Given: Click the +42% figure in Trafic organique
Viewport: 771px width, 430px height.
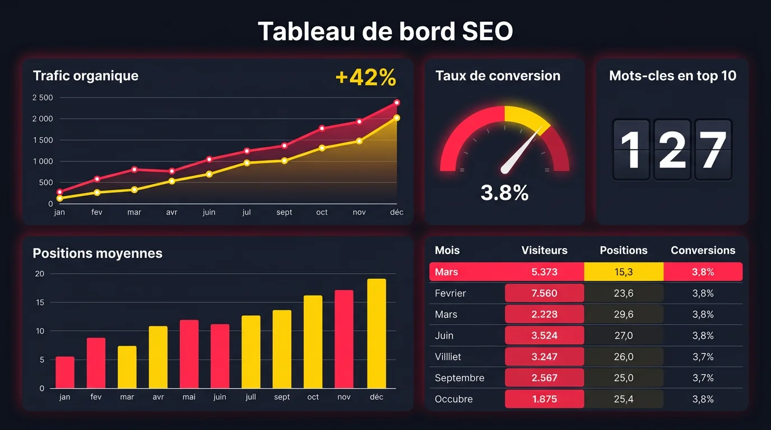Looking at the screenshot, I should [x=365, y=78].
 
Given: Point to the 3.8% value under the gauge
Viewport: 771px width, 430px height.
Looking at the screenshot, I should [x=504, y=193].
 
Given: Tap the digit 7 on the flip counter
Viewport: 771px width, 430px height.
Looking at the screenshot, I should [x=713, y=150].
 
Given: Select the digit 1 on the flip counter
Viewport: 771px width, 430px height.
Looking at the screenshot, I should [x=631, y=150].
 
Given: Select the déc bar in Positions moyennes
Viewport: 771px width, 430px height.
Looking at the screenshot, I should [x=377, y=333].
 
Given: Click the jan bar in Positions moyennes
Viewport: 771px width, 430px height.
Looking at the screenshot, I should [x=65, y=372].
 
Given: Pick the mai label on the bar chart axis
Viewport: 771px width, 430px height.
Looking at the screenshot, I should [x=189, y=397].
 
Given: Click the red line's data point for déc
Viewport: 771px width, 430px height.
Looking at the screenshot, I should [x=397, y=102].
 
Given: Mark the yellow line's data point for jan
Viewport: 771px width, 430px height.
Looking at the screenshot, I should [x=60, y=198].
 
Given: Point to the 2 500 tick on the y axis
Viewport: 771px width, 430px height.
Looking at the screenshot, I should [x=43, y=98].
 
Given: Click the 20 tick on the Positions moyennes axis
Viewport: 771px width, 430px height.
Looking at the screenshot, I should [x=39, y=274].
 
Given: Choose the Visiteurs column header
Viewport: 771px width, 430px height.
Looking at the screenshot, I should [x=544, y=250].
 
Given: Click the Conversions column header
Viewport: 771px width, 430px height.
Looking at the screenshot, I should [x=703, y=250].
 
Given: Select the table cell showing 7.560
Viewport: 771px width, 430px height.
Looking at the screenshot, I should [x=544, y=293].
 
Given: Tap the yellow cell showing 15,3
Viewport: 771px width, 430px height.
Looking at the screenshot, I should [x=623, y=272].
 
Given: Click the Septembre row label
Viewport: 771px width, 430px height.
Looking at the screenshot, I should [x=459, y=378].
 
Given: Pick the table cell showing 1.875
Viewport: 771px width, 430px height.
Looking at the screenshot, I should [x=544, y=399].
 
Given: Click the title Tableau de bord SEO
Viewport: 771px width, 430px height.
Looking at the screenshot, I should [x=385, y=32].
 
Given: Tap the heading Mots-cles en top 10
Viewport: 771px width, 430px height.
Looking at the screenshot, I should [x=672, y=76].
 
